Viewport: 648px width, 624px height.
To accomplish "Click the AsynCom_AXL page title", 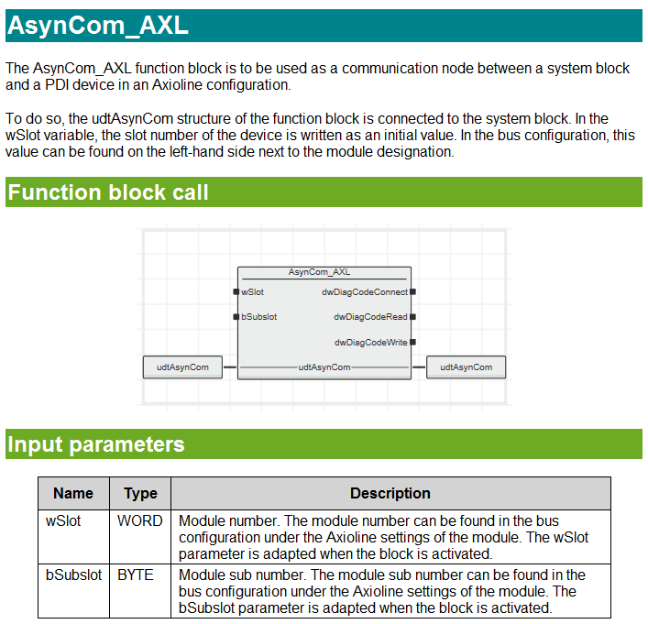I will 98,26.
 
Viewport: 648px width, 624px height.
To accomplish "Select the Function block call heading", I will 108,192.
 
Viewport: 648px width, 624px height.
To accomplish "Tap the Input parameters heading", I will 96,444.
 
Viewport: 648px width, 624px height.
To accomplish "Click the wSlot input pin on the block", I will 236,292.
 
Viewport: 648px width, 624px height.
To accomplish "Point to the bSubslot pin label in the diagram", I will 259,317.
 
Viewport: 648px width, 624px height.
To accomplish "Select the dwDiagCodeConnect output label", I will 364,292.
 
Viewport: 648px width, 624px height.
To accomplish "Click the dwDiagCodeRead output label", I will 370,317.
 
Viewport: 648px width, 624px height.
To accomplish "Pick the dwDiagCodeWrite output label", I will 370,342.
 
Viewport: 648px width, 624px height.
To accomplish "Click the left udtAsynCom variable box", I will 182,367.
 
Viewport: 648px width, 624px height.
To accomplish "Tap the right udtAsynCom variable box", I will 466,367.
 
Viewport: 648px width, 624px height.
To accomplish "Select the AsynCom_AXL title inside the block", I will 319,272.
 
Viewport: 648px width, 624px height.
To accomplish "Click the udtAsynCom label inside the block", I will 324,367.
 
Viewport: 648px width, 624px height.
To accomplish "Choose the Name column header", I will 73,493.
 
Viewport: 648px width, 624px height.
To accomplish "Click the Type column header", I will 140,493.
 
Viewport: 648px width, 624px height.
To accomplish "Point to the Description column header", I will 390,493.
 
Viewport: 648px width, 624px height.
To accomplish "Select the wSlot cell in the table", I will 63,520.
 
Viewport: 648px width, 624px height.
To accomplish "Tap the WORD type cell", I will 140,520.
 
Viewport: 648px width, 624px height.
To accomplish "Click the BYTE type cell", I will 136,575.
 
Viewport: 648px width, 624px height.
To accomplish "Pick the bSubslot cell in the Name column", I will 73,575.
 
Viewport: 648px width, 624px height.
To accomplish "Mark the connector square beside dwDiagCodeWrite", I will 413,342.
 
